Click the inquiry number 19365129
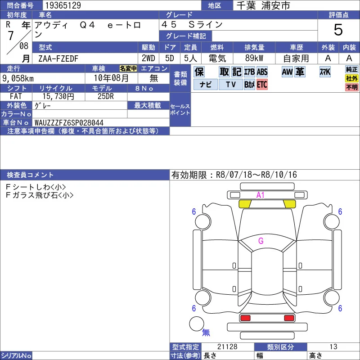[63, 5]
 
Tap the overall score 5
[338, 30]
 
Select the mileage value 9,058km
[18, 78]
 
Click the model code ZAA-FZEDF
[58, 58]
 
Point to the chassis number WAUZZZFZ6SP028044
[69, 122]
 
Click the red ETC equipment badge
[262, 85]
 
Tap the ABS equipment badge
[262, 72]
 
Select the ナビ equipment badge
[206, 85]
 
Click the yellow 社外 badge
[352, 78]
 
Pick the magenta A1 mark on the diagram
[261, 195]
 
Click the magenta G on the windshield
[261, 241]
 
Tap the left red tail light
[245, 318]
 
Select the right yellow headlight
[290, 204]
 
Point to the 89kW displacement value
[254, 58]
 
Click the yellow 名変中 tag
[128, 68]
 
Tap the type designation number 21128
[227, 346]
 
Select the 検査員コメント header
[30, 175]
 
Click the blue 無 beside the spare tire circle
[206, 332]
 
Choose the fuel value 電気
[217, 58]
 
